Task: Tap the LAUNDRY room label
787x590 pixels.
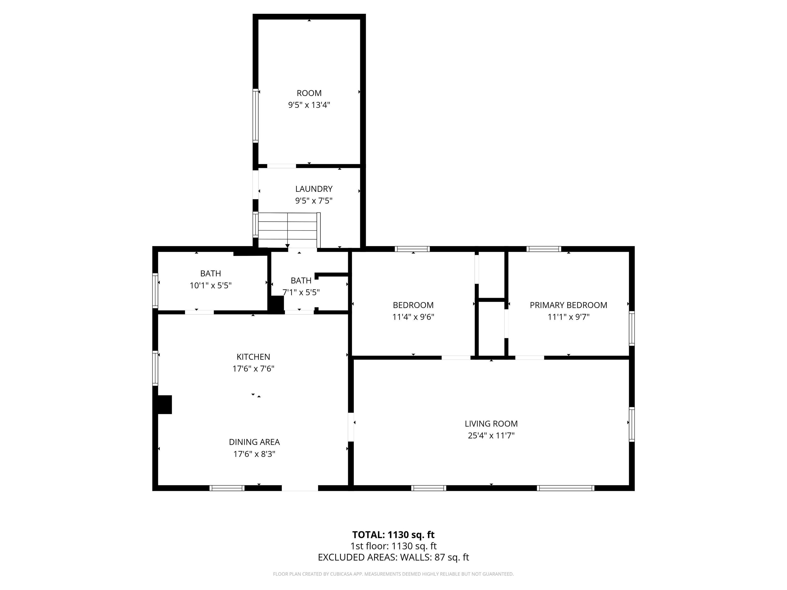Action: (314, 189)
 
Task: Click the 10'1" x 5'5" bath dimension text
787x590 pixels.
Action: (211, 285)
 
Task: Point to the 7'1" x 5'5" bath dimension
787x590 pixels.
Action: (301, 292)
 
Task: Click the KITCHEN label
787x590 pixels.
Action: (253, 357)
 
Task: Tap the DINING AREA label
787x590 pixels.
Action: (254, 442)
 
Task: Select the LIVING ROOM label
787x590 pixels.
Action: (491, 424)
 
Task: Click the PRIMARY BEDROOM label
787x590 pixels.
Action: (568, 305)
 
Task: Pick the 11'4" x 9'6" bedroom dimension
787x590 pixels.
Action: (413, 317)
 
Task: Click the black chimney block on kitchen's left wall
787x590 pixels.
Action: (165, 405)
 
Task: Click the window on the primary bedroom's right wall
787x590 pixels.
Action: (631, 328)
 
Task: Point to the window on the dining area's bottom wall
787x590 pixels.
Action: (227, 488)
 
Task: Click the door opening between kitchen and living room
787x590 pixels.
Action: (351, 427)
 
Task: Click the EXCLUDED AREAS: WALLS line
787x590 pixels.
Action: (393, 557)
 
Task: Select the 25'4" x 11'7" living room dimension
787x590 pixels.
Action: (491, 435)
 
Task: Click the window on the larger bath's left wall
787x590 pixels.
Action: (155, 290)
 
